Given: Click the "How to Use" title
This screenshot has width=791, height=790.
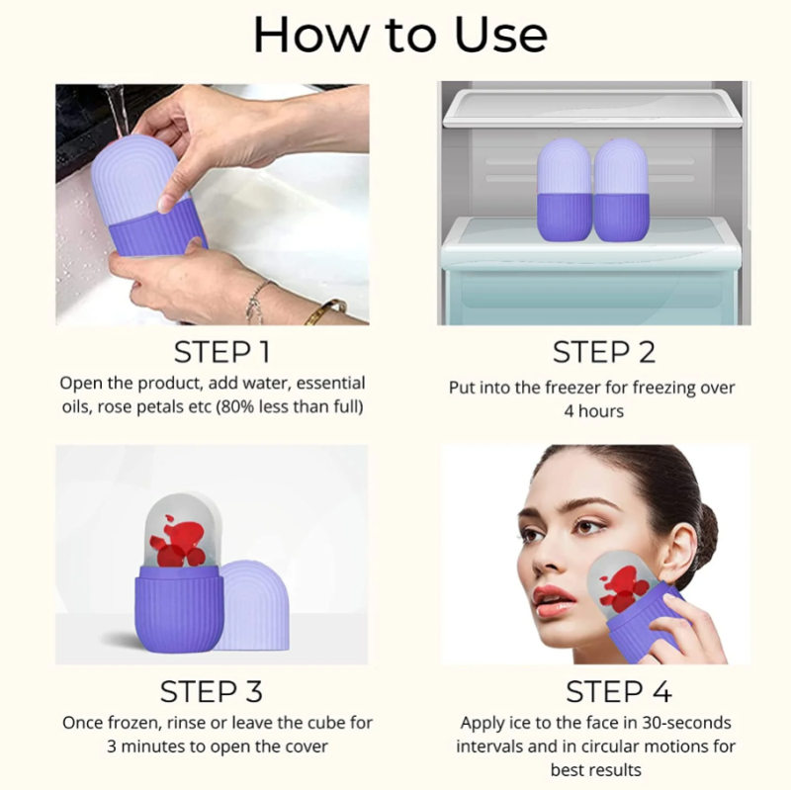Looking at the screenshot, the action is pos(400,35).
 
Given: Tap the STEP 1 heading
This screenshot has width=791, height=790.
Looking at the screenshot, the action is pos(221,352).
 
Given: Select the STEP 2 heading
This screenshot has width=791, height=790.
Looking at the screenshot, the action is pos(604,352).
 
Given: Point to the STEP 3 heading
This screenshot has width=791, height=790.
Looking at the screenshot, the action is pos(212,691).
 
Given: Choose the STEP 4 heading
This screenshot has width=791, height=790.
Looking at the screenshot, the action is pos(619,691).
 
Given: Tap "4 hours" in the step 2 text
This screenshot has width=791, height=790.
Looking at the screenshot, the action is pos(594,411).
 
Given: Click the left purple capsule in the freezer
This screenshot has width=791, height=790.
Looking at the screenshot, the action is pos(564,190).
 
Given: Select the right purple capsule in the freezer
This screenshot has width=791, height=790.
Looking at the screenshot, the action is pos(621,190).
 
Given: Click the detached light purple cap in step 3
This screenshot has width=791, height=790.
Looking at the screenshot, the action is pos(255,605).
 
